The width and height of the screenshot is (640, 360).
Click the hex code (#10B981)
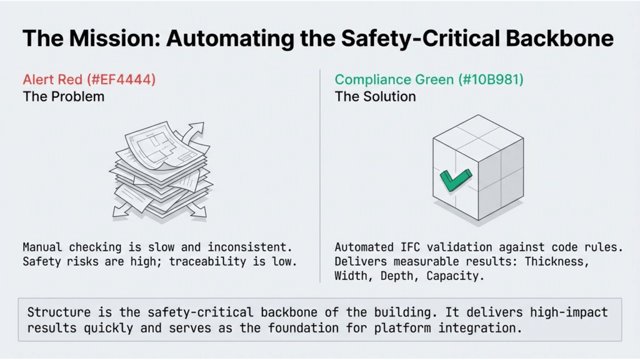491,79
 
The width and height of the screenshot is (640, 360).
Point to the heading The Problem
64,97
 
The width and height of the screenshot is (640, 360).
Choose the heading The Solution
375,97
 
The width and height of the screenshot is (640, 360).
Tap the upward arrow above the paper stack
193,133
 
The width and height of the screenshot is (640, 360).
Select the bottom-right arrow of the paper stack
197,210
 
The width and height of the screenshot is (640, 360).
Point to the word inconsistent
250,247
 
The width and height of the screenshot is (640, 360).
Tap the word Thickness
557,262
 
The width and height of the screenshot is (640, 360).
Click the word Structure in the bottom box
59,312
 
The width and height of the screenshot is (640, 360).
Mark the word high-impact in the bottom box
569,312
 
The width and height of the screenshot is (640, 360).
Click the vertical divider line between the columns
320,176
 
